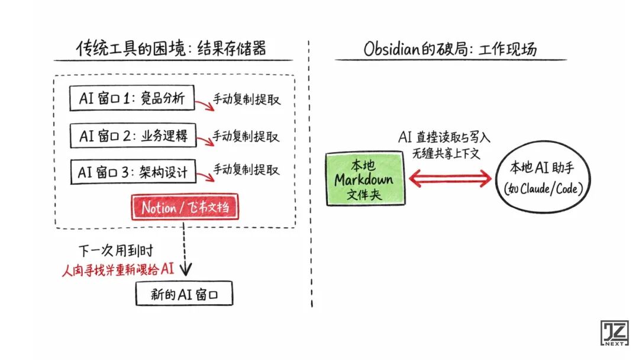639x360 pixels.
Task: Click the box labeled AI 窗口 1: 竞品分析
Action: point(131,98)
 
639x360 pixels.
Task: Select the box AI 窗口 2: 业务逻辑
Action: point(133,136)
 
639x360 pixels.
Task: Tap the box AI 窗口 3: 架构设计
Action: point(133,172)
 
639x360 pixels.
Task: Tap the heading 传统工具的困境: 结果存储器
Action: point(172,49)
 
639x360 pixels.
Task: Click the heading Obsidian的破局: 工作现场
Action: point(450,49)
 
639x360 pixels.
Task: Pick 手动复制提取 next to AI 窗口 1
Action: point(247,99)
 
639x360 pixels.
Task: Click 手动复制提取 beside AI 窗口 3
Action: point(247,171)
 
